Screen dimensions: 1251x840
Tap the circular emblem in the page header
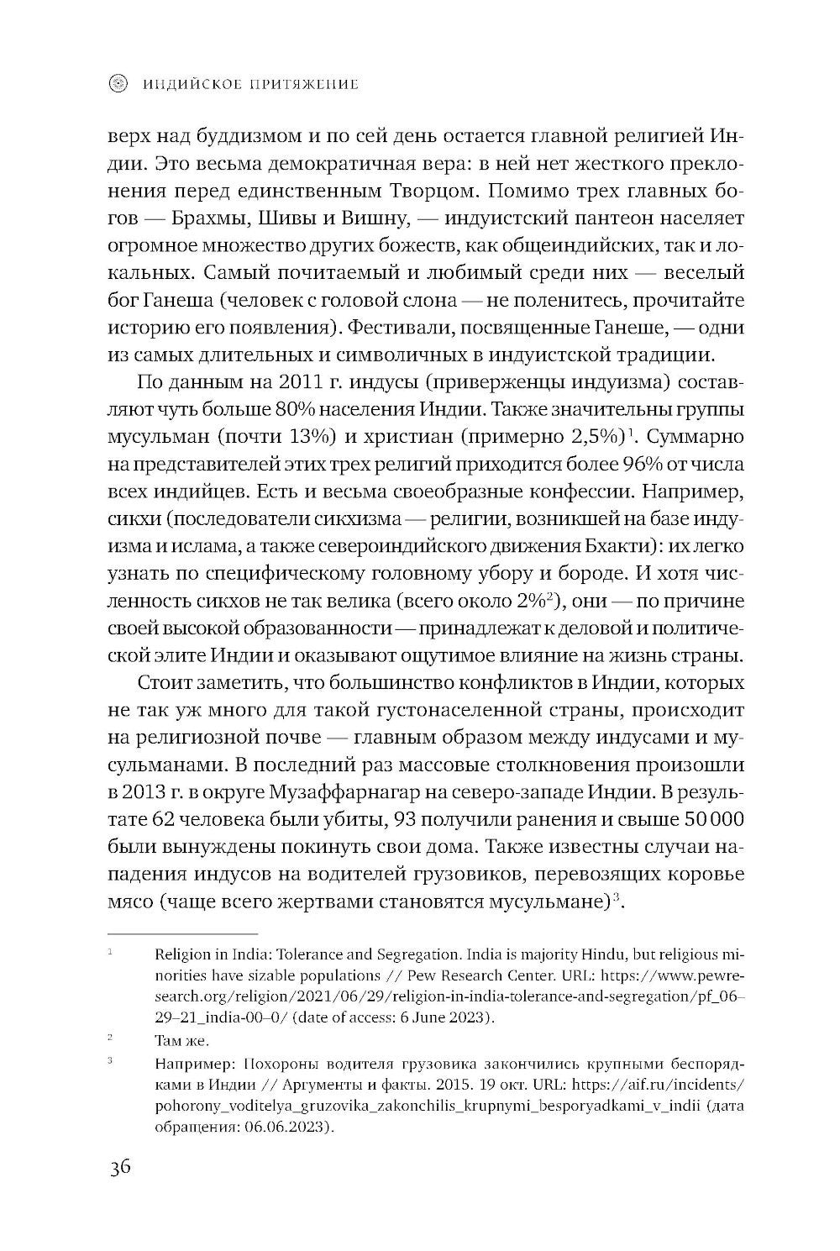[119, 83]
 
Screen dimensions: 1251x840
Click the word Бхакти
[612, 546]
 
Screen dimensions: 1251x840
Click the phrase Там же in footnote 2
[181, 1040]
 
